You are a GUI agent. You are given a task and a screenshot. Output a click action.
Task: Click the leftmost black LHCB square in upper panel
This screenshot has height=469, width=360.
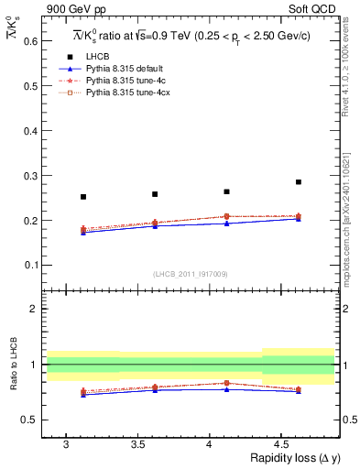tap(83, 197)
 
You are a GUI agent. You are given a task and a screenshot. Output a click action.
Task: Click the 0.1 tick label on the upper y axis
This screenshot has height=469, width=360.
tap(32, 266)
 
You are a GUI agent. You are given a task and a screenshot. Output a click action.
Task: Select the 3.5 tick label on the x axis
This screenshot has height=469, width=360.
tap(136, 444)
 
